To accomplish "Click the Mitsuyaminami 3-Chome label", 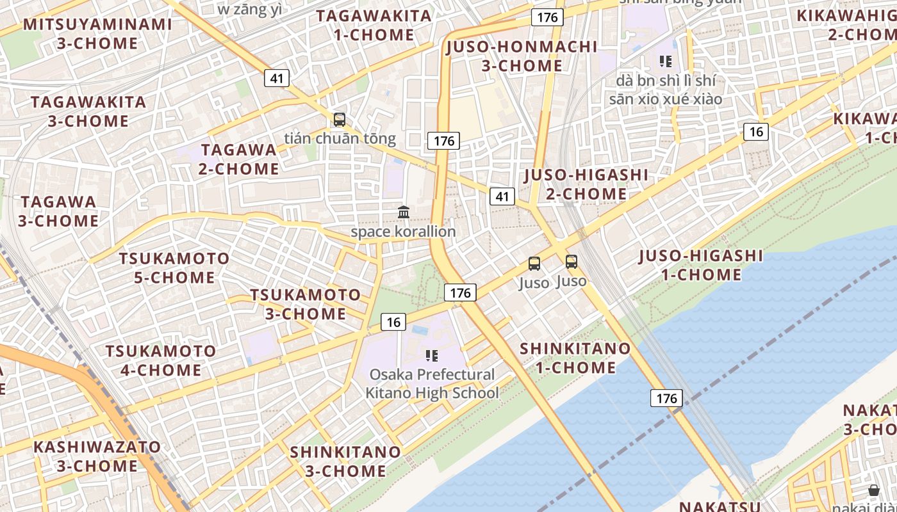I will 97,34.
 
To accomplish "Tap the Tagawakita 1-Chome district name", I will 374,26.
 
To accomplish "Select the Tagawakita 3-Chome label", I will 88,111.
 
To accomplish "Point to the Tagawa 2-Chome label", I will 239,159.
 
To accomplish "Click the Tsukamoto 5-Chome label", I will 174,268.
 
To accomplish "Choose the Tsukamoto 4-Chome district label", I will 161,360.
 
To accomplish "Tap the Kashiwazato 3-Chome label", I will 97,456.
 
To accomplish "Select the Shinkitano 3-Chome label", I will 345,461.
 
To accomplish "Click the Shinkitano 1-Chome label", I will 575,358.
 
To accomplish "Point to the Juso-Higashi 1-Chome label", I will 701,266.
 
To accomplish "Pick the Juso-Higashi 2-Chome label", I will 586,184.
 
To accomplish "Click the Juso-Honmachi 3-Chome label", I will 522,56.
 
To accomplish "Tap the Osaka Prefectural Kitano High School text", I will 432,383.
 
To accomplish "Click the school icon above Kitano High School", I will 432,355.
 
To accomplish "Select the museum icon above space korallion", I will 404,212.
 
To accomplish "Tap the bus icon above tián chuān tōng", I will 340,120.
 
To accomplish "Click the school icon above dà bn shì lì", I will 666,61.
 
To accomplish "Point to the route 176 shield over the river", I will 666,398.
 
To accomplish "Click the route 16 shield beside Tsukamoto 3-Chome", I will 393,322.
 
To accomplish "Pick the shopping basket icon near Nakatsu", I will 874,490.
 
